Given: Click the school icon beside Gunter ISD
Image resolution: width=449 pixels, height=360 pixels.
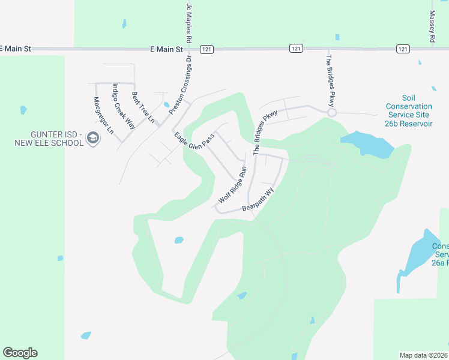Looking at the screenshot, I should [x=93, y=139].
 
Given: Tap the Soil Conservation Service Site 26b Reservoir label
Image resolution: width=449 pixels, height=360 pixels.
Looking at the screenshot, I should [x=409, y=110].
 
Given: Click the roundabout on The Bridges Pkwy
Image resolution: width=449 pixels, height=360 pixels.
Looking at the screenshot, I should [x=331, y=112].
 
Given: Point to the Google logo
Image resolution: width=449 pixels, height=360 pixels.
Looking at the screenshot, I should [x=20, y=353].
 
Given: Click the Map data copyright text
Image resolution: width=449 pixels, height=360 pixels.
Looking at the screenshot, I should [x=424, y=355].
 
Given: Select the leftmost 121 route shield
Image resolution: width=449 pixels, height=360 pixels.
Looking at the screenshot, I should [x=207, y=49].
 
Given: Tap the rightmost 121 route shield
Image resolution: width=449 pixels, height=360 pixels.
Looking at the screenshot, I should [x=402, y=49].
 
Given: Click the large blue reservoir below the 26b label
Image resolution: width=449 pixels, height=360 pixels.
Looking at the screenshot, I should [x=367, y=145].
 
